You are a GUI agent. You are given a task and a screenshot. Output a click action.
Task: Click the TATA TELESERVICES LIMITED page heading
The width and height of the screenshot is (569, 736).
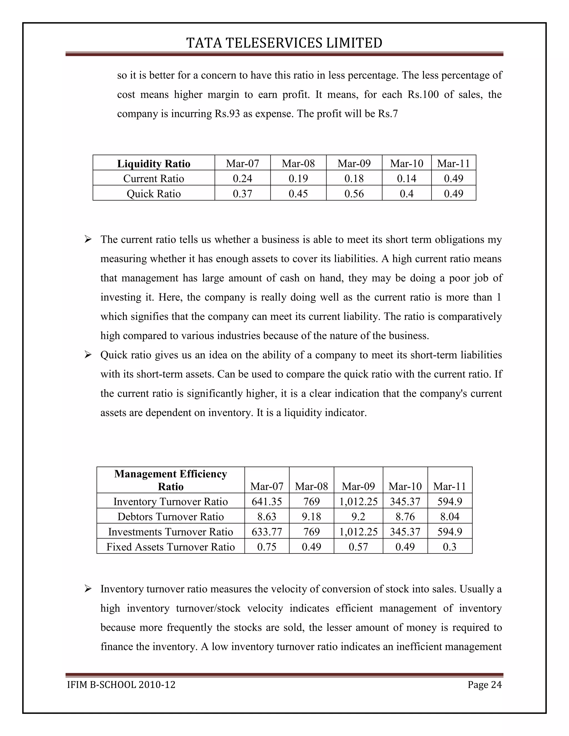pyautogui.click(x=284, y=43)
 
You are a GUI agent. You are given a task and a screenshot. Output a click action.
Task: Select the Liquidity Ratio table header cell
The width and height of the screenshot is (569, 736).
pyautogui.click(x=154, y=163)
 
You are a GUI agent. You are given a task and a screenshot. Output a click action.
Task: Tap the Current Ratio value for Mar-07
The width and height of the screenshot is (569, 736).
pyautogui.click(x=242, y=178)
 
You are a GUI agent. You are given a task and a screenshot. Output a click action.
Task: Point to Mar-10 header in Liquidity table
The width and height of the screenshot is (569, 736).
pyautogui.click(x=406, y=163)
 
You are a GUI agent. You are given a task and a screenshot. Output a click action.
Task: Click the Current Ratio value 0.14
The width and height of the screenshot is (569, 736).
pyautogui.click(x=406, y=178)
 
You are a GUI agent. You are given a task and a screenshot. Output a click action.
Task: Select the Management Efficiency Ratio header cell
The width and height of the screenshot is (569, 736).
pyautogui.click(x=171, y=480)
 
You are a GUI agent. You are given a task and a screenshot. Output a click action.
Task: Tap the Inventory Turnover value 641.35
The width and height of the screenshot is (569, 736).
pyautogui.click(x=267, y=501)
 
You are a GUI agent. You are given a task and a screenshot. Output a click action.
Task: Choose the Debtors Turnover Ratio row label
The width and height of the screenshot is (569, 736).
pyautogui.click(x=171, y=517)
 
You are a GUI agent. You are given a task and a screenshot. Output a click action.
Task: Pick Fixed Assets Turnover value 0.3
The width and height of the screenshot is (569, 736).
pyautogui.click(x=450, y=547)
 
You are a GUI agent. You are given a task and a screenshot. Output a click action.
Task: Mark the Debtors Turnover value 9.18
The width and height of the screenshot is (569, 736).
pyautogui.click(x=311, y=517)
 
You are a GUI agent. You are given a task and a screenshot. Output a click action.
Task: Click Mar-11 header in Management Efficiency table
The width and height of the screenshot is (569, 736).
pyautogui.click(x=450, y=486)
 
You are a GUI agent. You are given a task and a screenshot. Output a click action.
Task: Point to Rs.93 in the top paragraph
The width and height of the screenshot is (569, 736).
pyautogui.click(x=227, y=114)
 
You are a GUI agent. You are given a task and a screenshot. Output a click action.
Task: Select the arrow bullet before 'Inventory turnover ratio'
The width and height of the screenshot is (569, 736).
pyautogui.click(x=88, y=589)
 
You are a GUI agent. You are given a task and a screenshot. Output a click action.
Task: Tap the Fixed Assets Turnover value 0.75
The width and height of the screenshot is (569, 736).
pyautogui.click(x=267, y=547)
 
